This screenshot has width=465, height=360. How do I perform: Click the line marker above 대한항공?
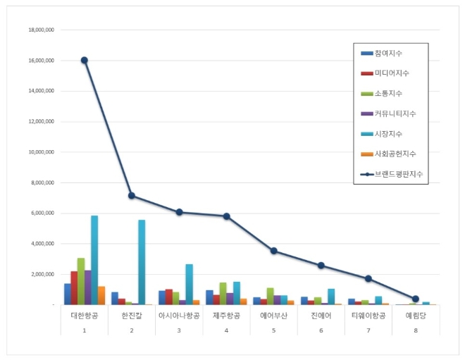pyautogui.click(x=85, y=61)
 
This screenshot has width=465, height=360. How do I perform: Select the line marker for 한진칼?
pyautogui.click(x=132, y=195)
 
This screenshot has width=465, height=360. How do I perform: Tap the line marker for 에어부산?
pyautogui.click(x=273, y=251)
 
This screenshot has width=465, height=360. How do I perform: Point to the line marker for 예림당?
pyautogui.click(x=416, y=299)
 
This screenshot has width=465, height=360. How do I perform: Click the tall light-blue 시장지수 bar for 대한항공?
pyautogui.click(x=94, y=260)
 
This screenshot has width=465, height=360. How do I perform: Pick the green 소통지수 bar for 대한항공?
pyautogui.click(x=81, y=281)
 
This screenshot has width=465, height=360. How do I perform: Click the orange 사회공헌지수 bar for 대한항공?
pyautogui.click(x=101, y=295)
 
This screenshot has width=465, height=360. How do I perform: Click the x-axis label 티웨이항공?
pyautogui.click(x=368, y=316)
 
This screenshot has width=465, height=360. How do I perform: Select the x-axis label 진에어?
pyautogui.click(x=321, y=316)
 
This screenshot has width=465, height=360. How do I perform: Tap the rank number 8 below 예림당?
pyautogui.click(x=416, y=329)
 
